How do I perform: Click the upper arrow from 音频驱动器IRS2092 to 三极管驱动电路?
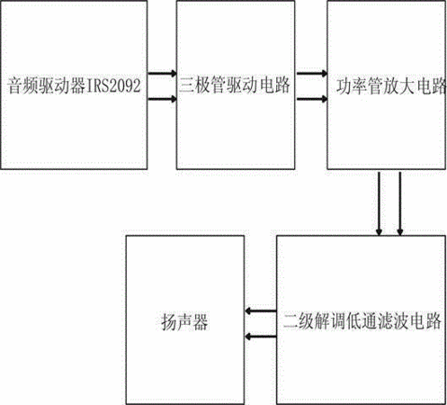(162, 73)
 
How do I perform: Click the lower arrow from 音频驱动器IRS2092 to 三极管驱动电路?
(162, 99)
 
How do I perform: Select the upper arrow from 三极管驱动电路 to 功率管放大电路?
(311, 73)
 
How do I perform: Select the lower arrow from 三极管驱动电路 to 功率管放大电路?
(311, 99)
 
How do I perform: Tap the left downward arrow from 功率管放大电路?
(380, 203)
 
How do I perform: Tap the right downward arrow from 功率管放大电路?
(400, 203)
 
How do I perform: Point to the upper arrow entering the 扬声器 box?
(260, 310)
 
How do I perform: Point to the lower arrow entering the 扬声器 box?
(260, 337)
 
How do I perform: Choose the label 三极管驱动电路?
(235, 85)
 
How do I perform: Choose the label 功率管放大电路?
(391, 86)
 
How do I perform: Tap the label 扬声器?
(184, 322)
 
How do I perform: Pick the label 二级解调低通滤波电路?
(362, 321)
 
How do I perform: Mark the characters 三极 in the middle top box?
(195, 85)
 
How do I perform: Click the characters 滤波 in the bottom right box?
(394, 321)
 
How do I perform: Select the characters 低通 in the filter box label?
(362, 321)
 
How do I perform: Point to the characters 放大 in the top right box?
(399, 86)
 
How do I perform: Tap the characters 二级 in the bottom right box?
(299, 321)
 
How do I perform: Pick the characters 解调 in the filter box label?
(330, 321)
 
